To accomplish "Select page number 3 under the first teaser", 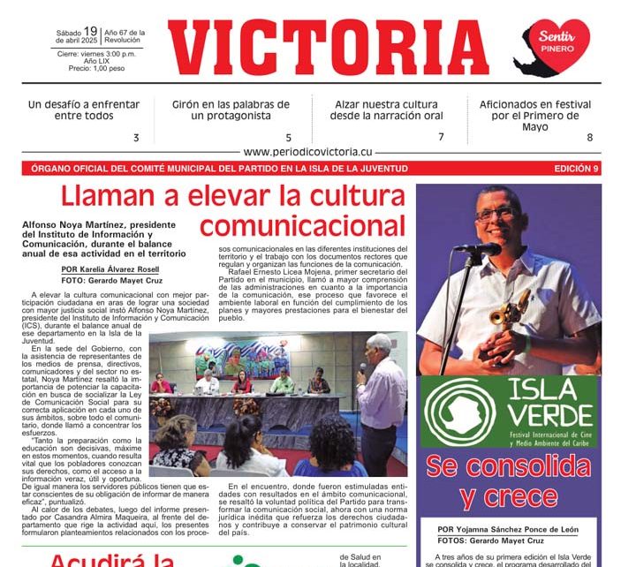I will click(x=136, y=138).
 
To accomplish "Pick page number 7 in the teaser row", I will click(x=441, y=137).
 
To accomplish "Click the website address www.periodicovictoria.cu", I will click(x=308, y=152).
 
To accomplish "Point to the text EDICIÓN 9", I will click(x=576, y=168).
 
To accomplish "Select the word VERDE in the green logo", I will click(x=553, y=416).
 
